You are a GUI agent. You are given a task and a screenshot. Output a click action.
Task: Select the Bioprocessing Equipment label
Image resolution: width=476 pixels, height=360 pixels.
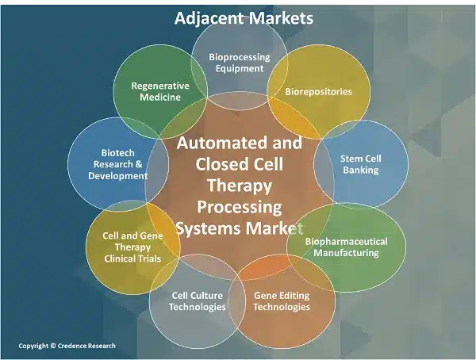pyautogui.click(x=239, y=63)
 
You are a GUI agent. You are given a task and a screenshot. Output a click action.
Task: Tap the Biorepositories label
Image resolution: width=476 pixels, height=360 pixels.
pyautogui.click(x=318, y=91)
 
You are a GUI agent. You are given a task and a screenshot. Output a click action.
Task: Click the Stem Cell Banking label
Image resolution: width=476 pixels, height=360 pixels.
pyautogui.click(x=359, y=164)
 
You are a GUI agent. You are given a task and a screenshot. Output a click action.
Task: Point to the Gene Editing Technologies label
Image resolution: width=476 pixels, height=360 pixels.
pyautogui.click(x=282, y=301)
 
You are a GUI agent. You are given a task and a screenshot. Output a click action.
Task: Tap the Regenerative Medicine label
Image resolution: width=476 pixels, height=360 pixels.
pyautogui.click(x=155, y=91)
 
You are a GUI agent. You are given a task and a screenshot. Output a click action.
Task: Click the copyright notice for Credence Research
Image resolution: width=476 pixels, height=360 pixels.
pyautogui.click(x=67, y=346)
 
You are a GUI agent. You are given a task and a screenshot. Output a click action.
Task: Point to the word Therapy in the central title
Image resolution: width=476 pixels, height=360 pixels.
pyautogui.click(x=239, y=186)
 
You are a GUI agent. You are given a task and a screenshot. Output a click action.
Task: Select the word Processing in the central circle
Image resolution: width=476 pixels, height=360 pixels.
pyautogui.click(x=239, y=208)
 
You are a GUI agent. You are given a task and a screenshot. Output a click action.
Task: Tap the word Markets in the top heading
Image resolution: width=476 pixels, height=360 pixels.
pyautogui.click(x=279, y=17)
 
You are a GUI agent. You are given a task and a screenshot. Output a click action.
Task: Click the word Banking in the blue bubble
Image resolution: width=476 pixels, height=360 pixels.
pyautogui.click(x=359, y=170)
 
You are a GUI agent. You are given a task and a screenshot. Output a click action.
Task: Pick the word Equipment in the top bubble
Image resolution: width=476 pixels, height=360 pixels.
pyautogui.click(x=239, y=69)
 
